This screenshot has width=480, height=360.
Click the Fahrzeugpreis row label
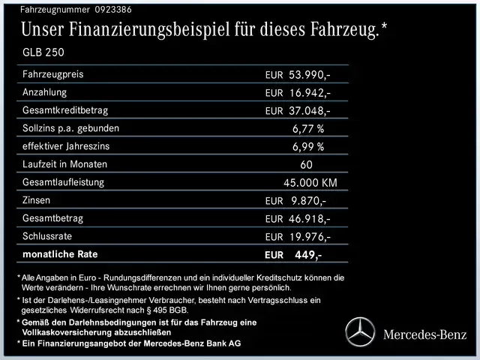coord(52,74)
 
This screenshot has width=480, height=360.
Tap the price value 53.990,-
coord(309,75)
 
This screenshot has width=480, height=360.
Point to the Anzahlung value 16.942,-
coord(309,93)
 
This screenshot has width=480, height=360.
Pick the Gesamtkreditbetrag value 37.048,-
coord(309,111)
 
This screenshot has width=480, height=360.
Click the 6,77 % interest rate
coord(308,129)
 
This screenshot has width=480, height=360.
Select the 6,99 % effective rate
coord(308,147)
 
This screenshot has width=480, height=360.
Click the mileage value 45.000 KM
coord(310,183)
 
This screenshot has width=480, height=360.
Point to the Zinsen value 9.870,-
coord(307,201)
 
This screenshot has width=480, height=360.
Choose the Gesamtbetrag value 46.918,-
coord(309,219)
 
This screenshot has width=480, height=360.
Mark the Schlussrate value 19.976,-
coord(309,237)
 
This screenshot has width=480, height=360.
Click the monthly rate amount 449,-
coord(307,255)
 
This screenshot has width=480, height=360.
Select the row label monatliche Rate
coord(60,254)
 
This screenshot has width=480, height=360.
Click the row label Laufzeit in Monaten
coord(65,164)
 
